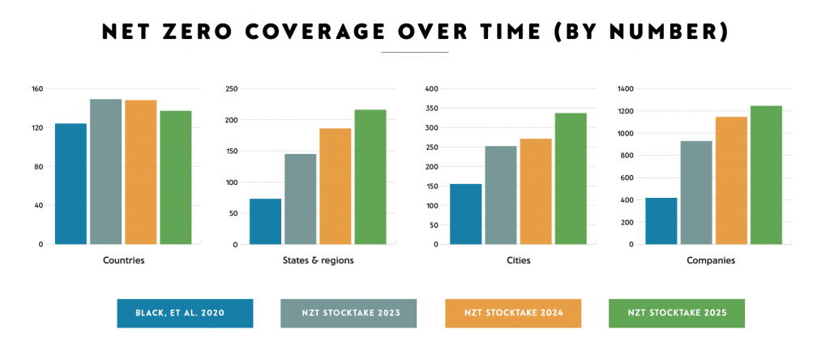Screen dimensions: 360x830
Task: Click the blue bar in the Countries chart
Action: (71, 183)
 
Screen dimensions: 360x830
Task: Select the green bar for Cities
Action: (570, 178)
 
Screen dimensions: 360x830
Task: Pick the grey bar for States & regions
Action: (300, 199)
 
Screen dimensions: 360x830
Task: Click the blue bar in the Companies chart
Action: (661, 221)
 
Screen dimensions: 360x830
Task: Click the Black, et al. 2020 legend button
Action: (185, 313)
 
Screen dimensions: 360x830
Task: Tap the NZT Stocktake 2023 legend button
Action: (349, 313)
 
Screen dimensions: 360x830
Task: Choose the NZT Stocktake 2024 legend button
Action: (513, 313)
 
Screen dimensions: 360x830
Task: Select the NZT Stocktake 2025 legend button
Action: (676, 313)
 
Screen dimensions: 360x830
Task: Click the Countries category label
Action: (124, 260)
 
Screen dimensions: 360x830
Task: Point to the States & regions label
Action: (322, 260)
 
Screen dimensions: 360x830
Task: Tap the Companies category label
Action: (714, 260)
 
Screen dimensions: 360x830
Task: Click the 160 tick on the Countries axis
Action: (36, 88)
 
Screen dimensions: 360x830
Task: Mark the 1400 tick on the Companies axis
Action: (626, 88)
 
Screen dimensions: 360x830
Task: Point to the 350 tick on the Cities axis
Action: (431, 108)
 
